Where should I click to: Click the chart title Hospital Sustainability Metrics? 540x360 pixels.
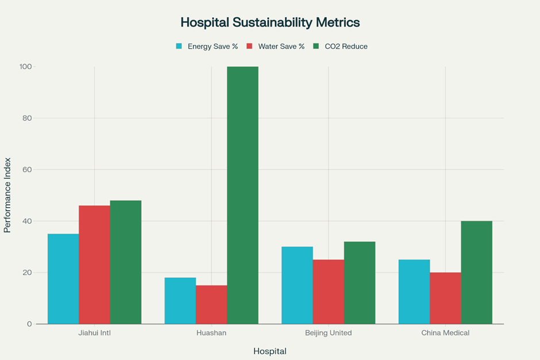pyautogui.click(x=270, y=22)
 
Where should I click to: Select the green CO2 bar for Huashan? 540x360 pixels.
pyautogui.click(x=242, y=195)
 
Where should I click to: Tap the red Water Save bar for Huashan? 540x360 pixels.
pyautogui.click(x=211, y=304)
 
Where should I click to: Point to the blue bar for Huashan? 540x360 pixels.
pyautogui.click(x=180, y=300)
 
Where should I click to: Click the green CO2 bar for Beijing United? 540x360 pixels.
pyautogui.click(x=360, y=282)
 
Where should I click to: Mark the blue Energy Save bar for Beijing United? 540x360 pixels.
pyautogui.click(x=297, y=285)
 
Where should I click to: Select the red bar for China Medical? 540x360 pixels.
pyautogui.click(x=445, y=298)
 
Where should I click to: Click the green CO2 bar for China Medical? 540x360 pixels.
pyautogui.click(x=476, y=272)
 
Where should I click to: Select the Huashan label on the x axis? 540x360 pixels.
pyautogui.click(x=211, y=333)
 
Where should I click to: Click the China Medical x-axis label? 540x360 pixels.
pyautogui.click(x=445, y=333)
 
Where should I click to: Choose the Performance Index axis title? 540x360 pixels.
pyautogui.click(x=7, y=195)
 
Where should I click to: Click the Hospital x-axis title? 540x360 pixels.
pyautogui.click(x=270, y=351)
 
